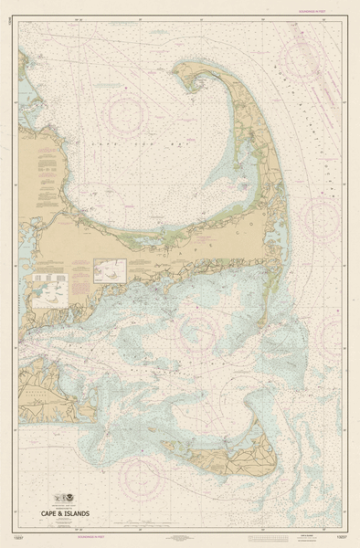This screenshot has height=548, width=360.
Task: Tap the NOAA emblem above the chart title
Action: tap(65, 501)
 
